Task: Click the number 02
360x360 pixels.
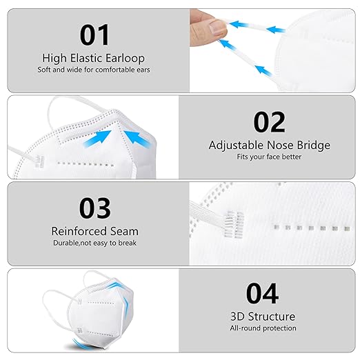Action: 269,121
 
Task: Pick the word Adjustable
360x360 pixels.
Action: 234,146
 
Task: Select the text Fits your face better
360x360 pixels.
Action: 269,157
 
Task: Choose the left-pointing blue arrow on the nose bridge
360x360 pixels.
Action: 139,141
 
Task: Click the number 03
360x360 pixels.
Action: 94,208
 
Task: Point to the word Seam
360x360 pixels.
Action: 126,231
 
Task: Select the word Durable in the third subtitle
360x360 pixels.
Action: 66,243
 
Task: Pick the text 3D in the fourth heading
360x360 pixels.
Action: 238,317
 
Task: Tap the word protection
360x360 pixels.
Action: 281,328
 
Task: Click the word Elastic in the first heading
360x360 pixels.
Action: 83,58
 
